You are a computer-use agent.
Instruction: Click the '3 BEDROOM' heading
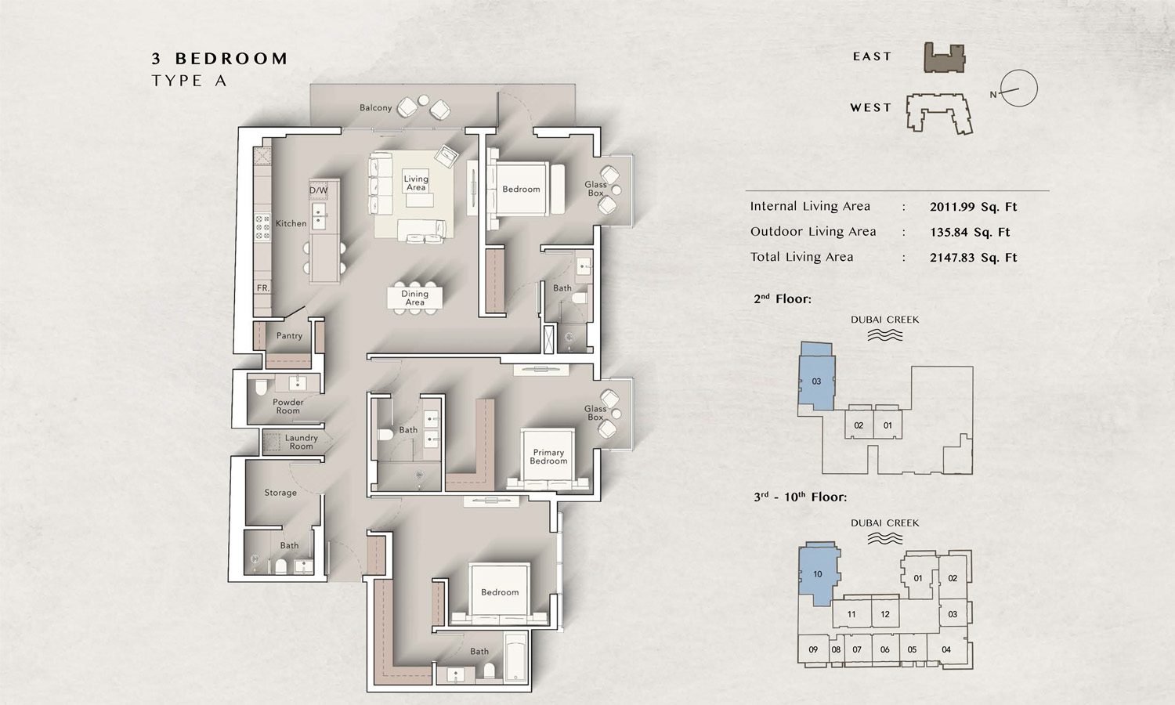[x=219, y=59]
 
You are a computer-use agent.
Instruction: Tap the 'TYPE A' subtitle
[x=189, y=81]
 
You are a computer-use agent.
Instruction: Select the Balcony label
[x=375, y=108]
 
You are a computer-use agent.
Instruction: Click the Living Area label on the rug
[x=416, y=183]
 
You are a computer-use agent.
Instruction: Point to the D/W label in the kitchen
[x=318, y=190]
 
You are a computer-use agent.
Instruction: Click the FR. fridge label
[x=263, y=288]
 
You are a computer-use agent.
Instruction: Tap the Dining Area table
[x=414, y=298]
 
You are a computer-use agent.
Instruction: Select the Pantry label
[x=289, y=336]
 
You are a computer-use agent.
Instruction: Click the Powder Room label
[x=287, y=407]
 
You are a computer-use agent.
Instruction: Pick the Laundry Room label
[x=301, y=443]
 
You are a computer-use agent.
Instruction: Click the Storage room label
[x=280, y=493]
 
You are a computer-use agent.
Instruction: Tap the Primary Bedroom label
[x=548, y=457]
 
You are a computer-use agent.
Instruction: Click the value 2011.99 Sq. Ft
[x=973, y=208]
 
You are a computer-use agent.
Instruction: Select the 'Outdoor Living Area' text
[x=813, y=232]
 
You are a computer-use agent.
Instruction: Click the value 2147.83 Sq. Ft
[x=973, y=258]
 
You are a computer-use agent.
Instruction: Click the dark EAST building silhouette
[x=945, y=59]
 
